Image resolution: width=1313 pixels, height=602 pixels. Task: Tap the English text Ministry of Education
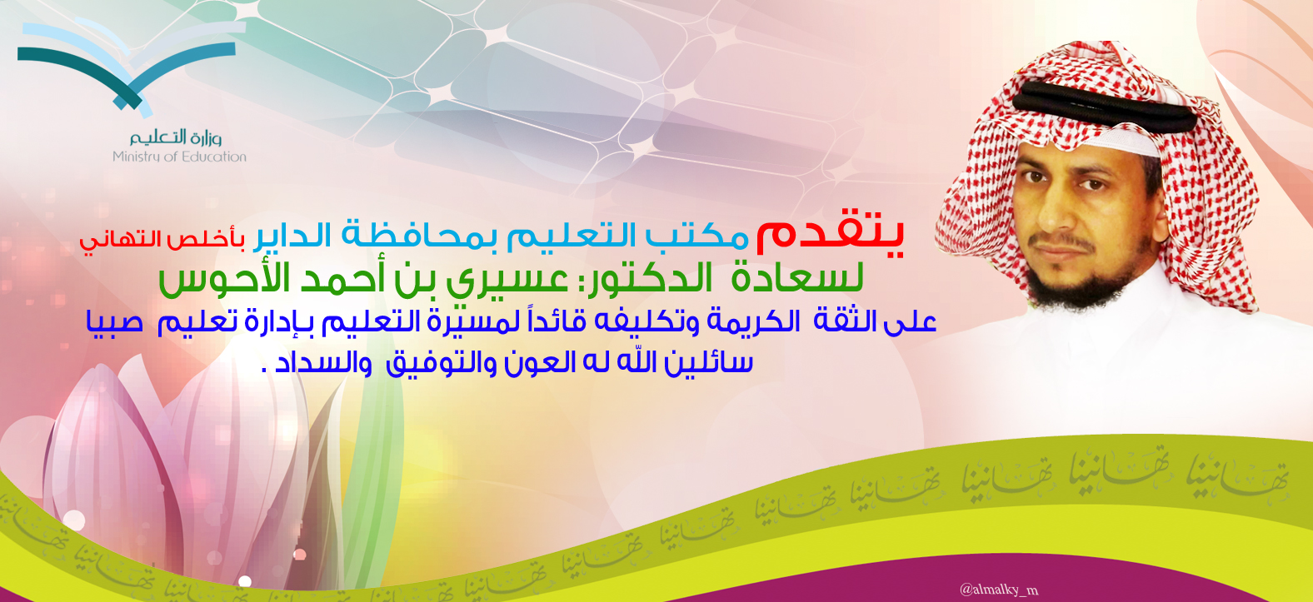(x=179, y=157)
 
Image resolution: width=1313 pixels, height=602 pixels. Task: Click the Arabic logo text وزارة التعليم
(x=176, y=137)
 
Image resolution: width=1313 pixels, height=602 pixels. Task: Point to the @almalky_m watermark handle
(x=999, y=590)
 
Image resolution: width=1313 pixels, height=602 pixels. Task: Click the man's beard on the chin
(x=1079, y=287)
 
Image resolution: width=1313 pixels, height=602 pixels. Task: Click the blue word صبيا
(x=115, y=322)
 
